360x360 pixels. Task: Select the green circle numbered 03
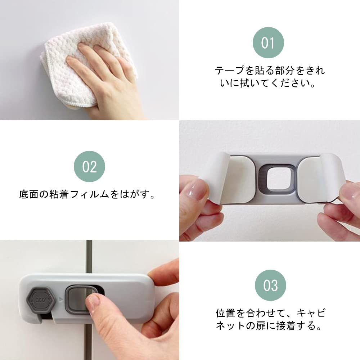270,285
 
